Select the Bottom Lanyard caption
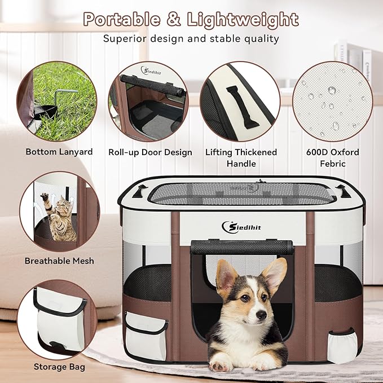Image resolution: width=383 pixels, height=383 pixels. tap(59, 152)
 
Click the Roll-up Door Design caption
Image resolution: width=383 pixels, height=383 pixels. tap(150, 152)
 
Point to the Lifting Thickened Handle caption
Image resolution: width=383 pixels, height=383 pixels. tap(241, 157)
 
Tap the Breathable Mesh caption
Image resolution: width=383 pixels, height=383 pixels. tap(59, 261)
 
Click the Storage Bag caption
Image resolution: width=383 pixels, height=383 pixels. tap(59, 367)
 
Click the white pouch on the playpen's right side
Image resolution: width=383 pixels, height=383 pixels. tap(341, 345)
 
